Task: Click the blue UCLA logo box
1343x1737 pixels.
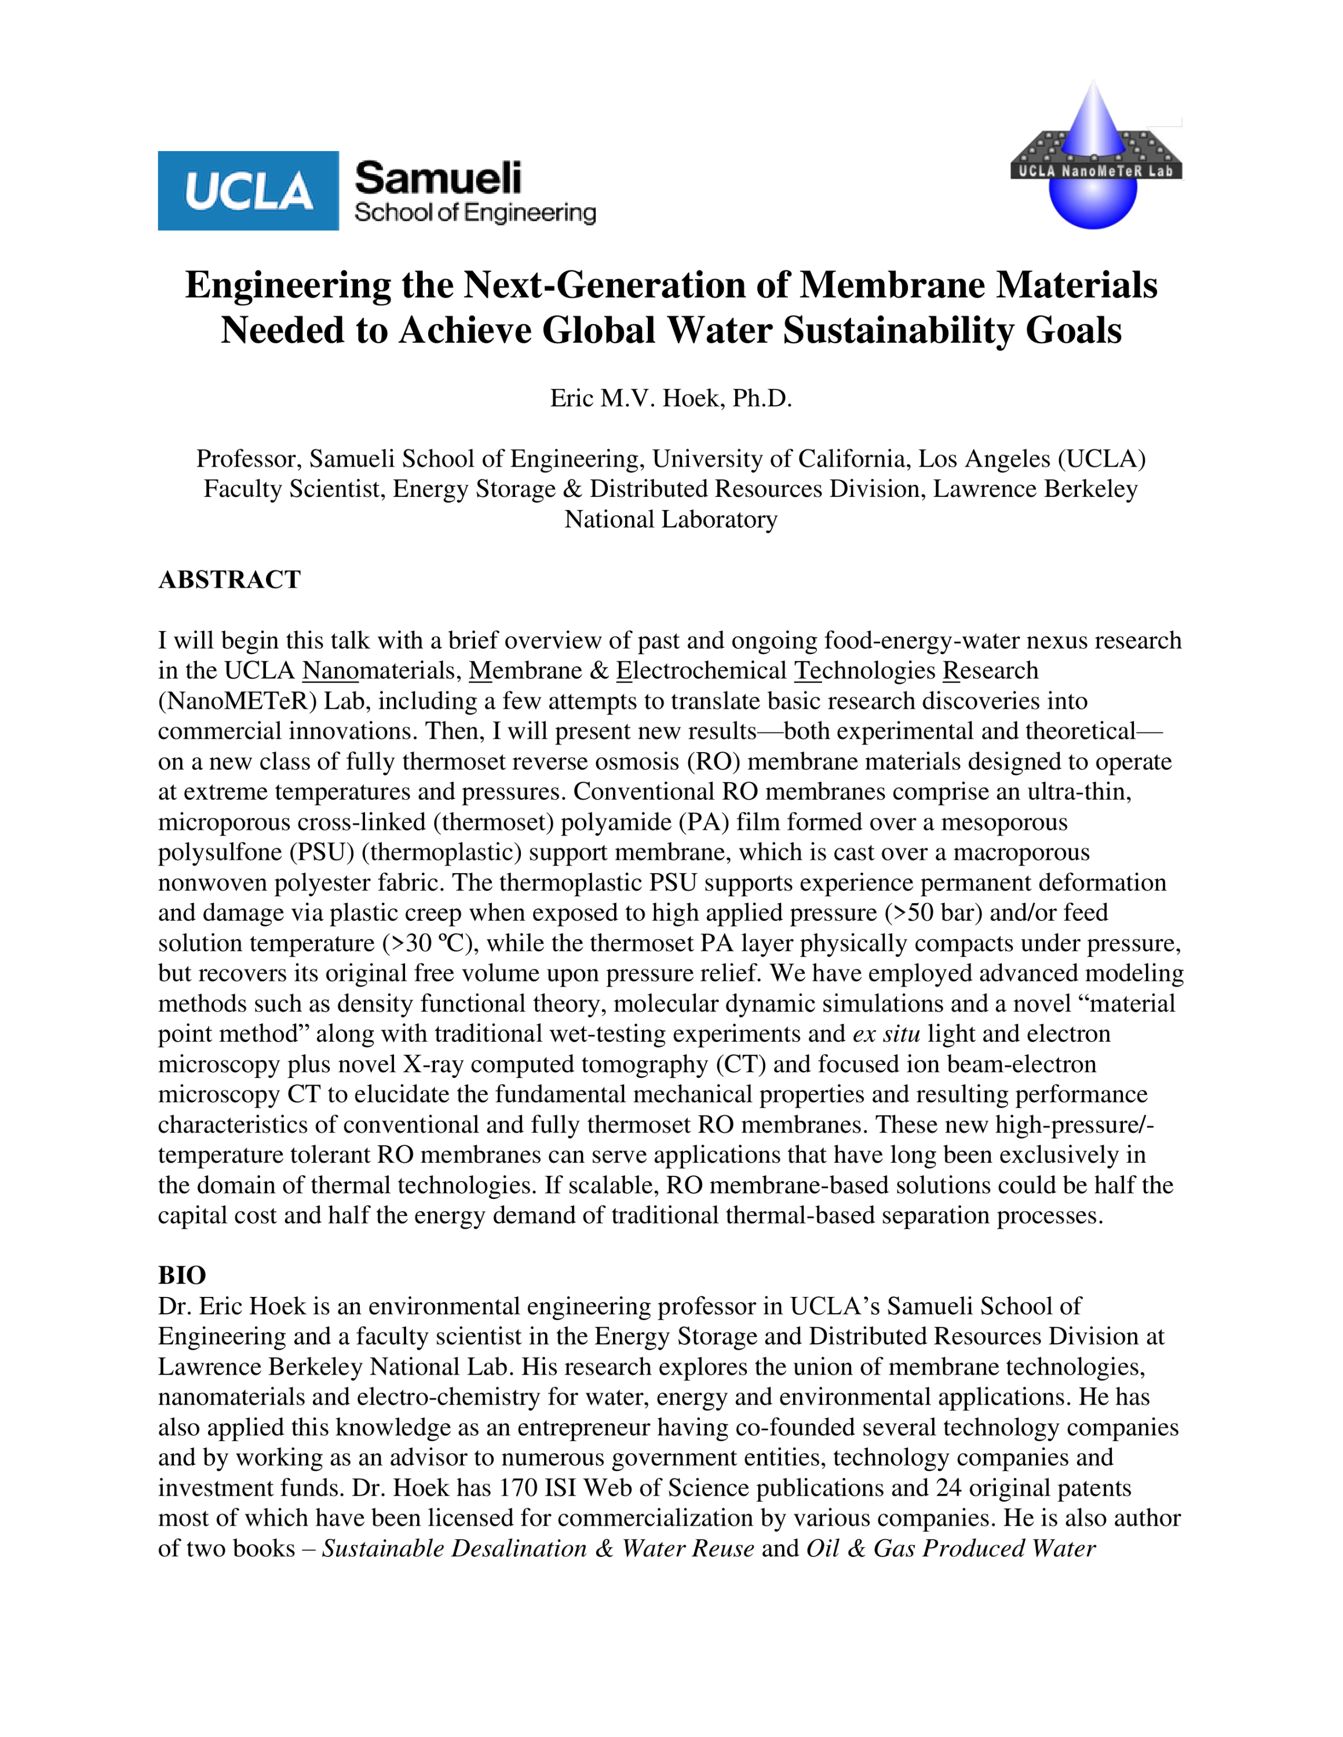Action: point(248,191)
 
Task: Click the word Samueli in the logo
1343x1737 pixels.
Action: point(437,178)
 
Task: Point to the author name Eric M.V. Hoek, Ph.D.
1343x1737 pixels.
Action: point(671,398)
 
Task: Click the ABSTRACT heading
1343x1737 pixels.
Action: point(229,580)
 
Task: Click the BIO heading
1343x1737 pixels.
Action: point(181,1276)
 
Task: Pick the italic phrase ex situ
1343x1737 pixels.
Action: point(885,1034)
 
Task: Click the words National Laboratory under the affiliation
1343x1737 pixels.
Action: point(671,519)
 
